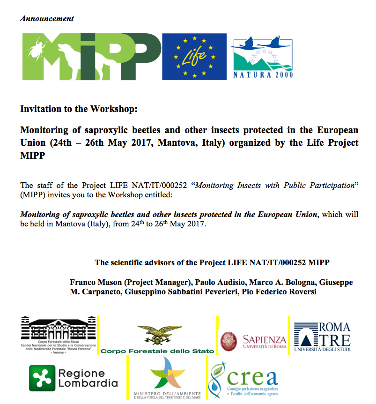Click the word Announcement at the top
[x=47, y=19]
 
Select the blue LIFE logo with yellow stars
[x=194, y=56]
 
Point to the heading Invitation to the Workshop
[x=79, y=109]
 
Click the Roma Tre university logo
[x=322, y=336]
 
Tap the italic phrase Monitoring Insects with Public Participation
[x=274, y=185]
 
